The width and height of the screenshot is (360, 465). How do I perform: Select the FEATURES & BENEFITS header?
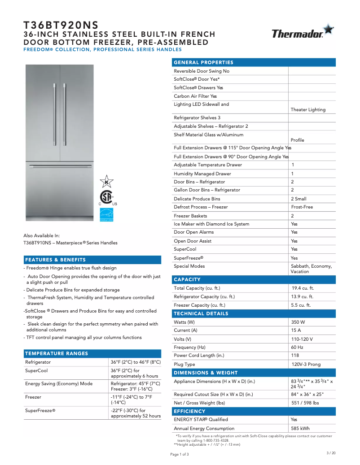(x=55, y=260)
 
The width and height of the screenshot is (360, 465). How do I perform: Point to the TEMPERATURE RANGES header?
(x=57, y=353)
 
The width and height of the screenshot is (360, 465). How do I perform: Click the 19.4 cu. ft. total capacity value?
(x=303, y=288)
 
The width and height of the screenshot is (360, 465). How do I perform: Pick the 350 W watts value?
(x=298, y=322)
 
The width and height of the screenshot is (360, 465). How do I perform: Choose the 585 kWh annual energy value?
(x=300, y=428)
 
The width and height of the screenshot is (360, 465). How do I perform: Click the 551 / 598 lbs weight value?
(x=305, y=403)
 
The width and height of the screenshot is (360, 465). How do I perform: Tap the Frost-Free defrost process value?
(x=302, y=207)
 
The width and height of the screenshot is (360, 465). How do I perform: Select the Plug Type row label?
(x=184, y=365)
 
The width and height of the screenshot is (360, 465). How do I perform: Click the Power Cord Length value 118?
(x=295, y=356)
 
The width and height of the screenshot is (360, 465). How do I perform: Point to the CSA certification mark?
(x=106, y=198)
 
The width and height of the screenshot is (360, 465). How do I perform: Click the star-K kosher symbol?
(x=106, y=182)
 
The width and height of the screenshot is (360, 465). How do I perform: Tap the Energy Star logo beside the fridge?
(x=106, y=215)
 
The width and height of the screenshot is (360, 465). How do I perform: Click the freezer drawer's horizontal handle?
(x=60, y=166)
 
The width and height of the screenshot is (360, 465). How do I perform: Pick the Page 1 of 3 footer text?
(x=180, y=454)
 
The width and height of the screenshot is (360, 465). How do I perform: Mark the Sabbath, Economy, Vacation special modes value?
(x=312, y=269)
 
